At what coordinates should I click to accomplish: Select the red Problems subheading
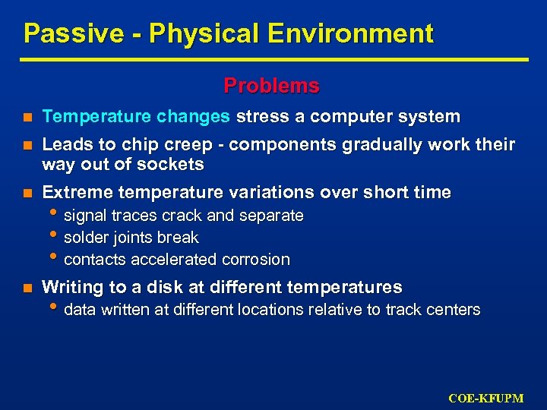coord(271,86)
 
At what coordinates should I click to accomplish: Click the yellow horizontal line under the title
coord(273,59)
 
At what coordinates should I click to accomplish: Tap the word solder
coord(85,238)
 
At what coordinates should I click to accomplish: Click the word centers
coord(453,310)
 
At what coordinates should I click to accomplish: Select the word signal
coord(85,216)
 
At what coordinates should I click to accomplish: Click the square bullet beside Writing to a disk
coord(27,289)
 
